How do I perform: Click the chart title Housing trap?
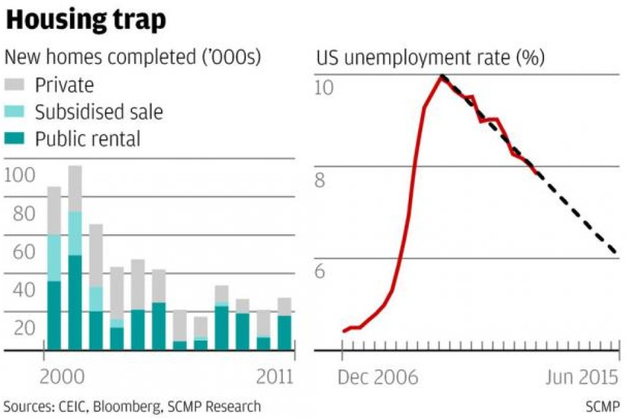pyautogui.click(x=85, y=20)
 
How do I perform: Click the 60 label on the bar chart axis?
pyautogui.click(x=20, y=251)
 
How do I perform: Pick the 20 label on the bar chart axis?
pyautogui.click(x=20, y=328)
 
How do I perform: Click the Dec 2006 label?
pyautogui.click(x=377, y=376)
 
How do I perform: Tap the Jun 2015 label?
pyautogui.click(x=582, y=376)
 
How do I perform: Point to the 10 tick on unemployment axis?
pyautogui.click(x=324, y=87)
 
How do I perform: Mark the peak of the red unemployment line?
pyautogui.click(x=441, y=76)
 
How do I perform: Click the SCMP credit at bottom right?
pyautogui.click(x=604, y=406)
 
